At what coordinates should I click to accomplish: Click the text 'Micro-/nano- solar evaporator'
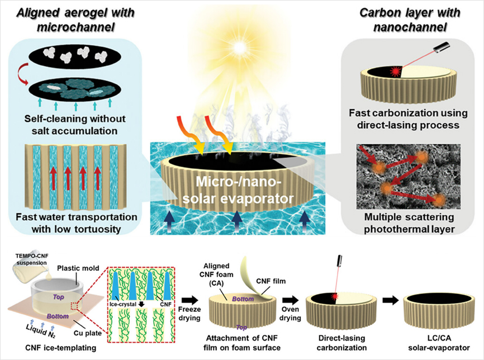(242, 190)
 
